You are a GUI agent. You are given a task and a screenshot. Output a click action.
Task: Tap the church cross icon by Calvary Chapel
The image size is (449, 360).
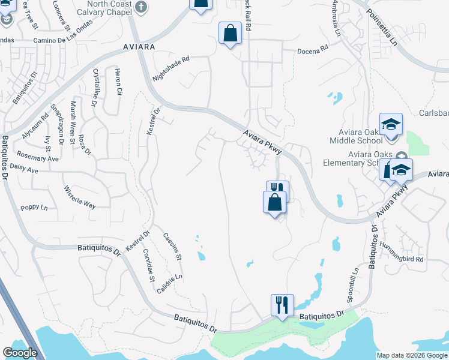tap(141, 7)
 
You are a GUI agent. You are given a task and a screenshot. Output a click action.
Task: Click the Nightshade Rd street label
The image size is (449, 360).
tap(170, 69)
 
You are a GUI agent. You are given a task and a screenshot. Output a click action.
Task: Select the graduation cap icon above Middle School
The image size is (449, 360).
tap(391, 124)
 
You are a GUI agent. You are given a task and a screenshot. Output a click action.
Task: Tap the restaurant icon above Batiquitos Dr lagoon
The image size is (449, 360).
tap(282, 304)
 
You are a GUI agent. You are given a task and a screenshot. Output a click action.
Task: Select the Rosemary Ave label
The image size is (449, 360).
tap(37, 156)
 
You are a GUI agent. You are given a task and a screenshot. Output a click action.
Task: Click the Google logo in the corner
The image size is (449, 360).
tap(20, 353)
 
